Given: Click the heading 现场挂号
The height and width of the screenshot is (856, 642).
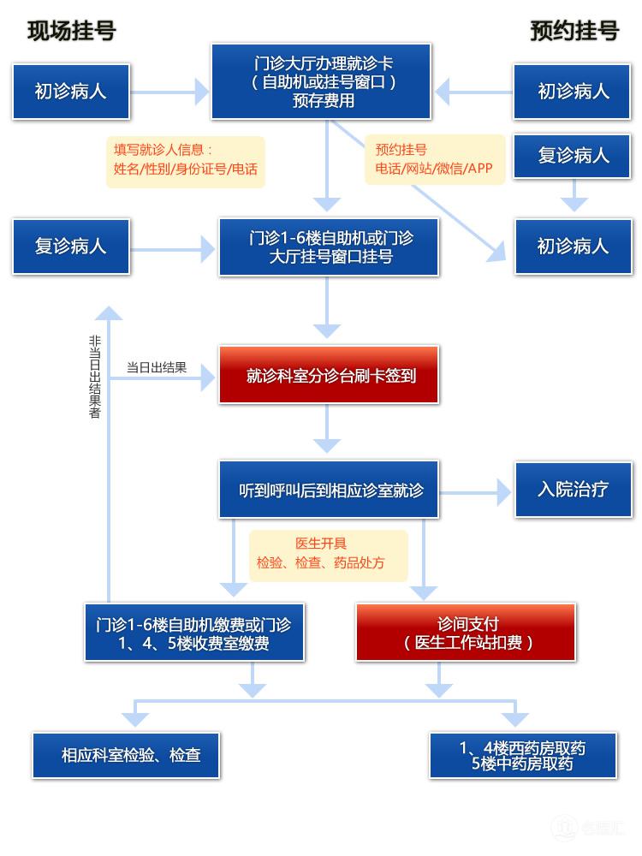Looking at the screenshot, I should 71,31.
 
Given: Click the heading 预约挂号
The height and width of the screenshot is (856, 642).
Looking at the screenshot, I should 574,31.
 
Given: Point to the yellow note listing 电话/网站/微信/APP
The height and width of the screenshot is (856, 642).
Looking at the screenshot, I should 434,159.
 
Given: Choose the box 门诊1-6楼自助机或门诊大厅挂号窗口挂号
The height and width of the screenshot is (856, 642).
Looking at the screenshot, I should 329,247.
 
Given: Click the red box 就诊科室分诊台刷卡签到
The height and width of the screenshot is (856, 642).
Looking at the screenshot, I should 329,375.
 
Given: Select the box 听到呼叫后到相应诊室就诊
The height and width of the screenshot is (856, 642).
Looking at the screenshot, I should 329,490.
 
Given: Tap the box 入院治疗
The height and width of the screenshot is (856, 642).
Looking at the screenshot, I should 573,489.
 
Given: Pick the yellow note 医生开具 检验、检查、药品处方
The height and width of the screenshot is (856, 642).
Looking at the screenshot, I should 328,554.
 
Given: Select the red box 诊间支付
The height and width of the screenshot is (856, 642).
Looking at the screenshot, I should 466,632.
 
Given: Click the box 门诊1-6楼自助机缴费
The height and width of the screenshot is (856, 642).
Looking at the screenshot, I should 194,632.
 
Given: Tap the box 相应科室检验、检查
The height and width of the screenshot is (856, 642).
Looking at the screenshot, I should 127,755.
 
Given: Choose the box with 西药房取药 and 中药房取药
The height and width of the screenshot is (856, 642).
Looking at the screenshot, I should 522,755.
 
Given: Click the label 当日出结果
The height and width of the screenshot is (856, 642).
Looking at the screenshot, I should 156,368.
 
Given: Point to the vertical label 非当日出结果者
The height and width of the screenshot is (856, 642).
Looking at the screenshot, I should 95,377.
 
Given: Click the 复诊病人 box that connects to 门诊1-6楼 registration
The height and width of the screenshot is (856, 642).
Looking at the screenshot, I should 71,247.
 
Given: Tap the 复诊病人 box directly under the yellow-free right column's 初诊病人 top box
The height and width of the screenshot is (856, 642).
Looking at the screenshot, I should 573,155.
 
